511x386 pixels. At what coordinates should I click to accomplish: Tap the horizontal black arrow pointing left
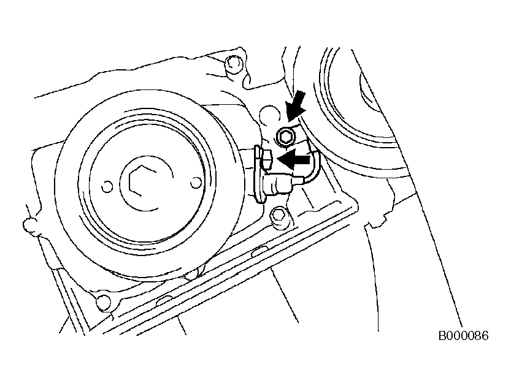(x=294, y=159)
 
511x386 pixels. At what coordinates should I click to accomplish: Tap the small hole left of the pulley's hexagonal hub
(x=107, y=187)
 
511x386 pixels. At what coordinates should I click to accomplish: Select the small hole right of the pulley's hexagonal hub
(x=195, y=183)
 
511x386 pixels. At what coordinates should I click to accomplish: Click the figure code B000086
(x=463, y=336)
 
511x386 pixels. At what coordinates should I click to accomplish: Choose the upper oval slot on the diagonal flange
(x=260, y=250)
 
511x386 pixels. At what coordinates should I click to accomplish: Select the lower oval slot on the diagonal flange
(x=164, y=300)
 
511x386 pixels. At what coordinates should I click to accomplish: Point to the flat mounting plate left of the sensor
(x=259, y=176)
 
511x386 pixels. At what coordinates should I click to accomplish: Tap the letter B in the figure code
(x=442, y=336)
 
